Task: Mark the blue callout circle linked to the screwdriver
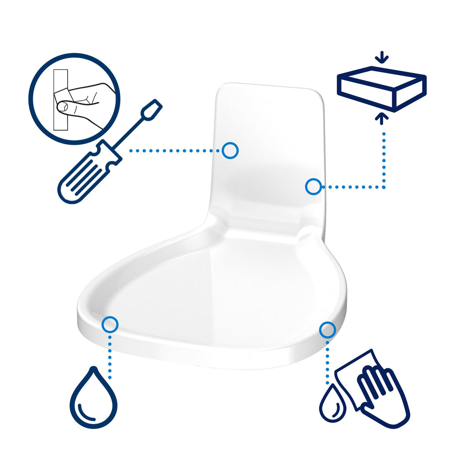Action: pos(230,151)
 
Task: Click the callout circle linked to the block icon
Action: pos(313,186)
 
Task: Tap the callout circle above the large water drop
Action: pos(111,324)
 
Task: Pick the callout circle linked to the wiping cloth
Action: pos(327,330)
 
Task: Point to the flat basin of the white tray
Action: pos(219,292)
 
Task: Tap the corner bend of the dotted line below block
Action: pos(384,186)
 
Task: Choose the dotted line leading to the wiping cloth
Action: pos(328,361)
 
